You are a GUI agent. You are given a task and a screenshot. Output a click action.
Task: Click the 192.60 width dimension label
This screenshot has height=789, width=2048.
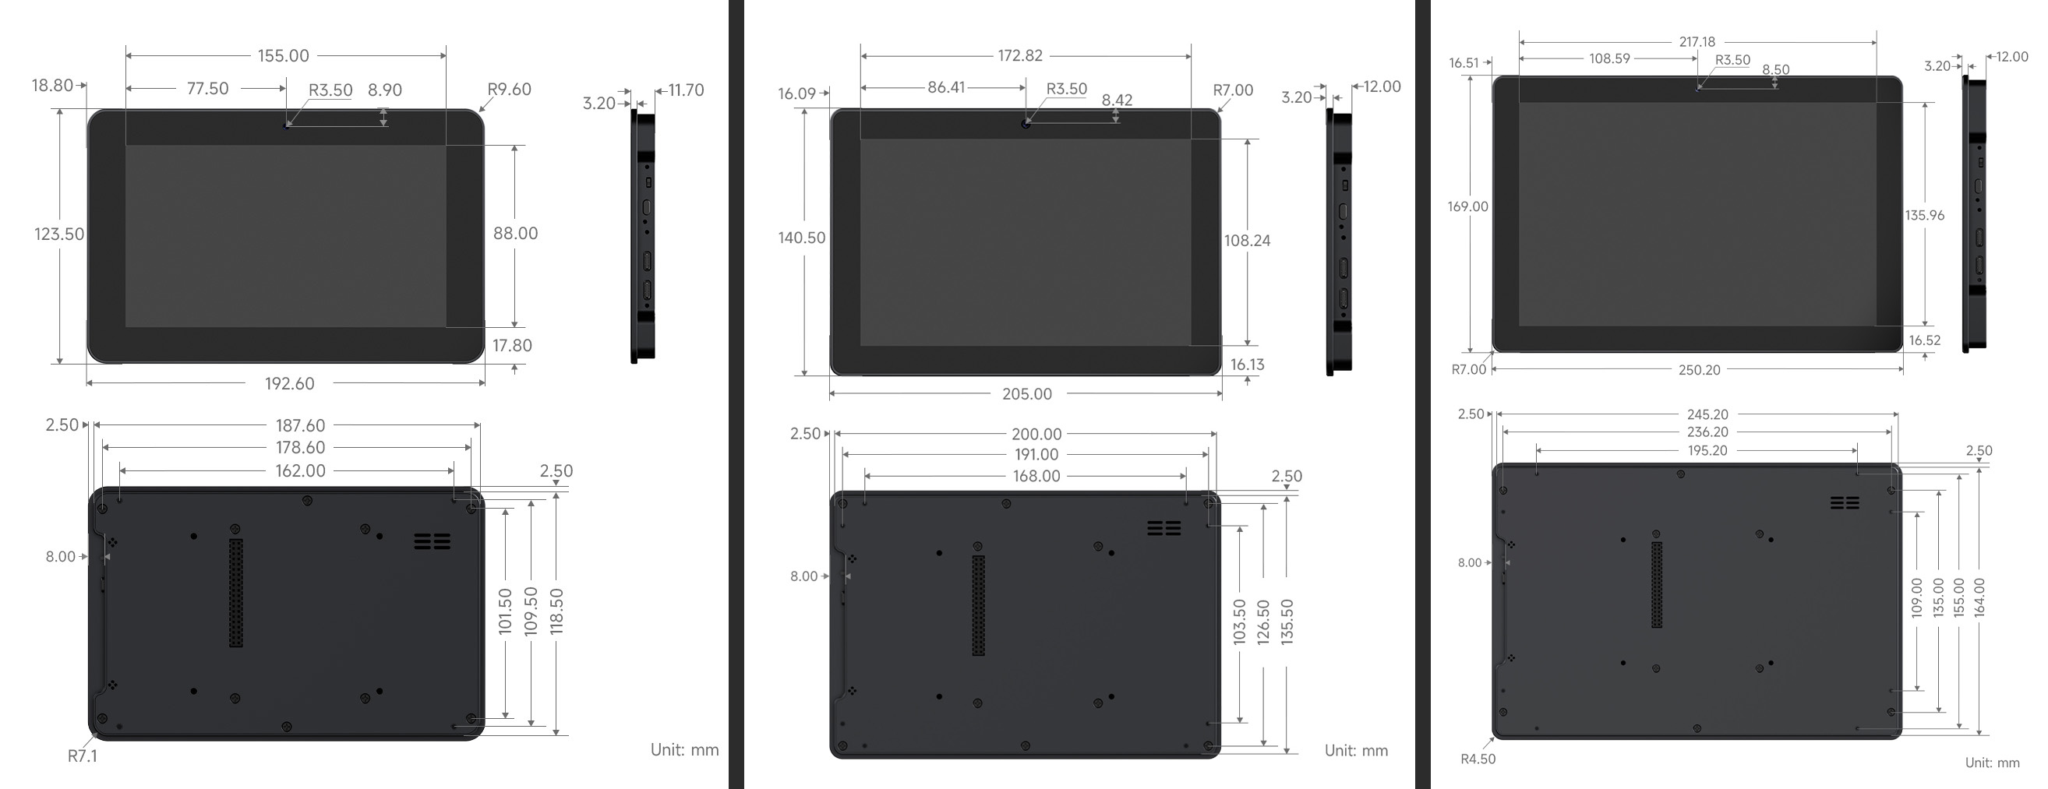click(x=289, y=384)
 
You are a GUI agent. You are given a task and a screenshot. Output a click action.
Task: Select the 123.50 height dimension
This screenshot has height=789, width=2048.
click(x=58, y=234)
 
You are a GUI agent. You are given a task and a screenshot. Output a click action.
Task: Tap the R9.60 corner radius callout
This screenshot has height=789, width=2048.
click(x=509, y=89)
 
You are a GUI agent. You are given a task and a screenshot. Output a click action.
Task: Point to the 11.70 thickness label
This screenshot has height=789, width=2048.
click(x=686, y=90)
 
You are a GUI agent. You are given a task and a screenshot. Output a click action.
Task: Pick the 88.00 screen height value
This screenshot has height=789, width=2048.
click(x=515, y=234)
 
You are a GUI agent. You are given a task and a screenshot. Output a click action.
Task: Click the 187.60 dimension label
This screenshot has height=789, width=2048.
click(x=301, y=426)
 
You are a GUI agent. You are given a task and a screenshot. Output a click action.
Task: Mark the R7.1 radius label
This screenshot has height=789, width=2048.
click(x=83, y=756)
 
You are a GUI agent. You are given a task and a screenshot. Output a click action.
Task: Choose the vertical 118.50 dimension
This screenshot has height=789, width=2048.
click(x=556, y=611)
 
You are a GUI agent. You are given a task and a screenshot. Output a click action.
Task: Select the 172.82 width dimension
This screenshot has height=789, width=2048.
click(x=1020, y=55)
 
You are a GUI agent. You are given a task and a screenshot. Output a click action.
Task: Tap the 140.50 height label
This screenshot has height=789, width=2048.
click(x=801, y=238)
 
